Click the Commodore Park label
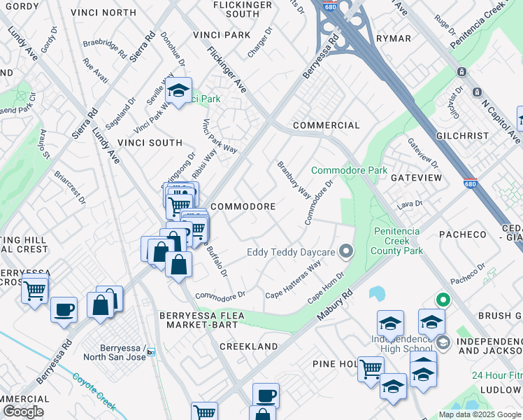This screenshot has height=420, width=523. click(349, 170)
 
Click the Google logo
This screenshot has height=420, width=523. click(24, 412)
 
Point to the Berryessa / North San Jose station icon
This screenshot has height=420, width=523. click(150, 352)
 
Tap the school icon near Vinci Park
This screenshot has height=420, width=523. click(179, 90)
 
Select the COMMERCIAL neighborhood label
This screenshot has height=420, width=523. click(326, 125)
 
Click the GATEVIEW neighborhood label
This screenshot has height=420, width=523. click(416, 178)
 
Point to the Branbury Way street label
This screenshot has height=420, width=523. click(294, 180)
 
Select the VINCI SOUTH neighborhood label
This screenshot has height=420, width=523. click(150, 143)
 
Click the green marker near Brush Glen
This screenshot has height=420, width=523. click(442, 300)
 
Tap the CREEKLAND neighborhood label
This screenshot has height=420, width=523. click(248, 346)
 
